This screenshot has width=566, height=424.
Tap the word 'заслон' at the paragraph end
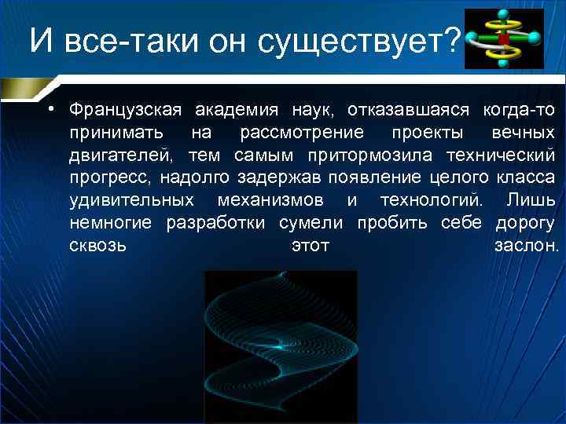(525, 247)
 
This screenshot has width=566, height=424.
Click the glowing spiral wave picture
(281, 346)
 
